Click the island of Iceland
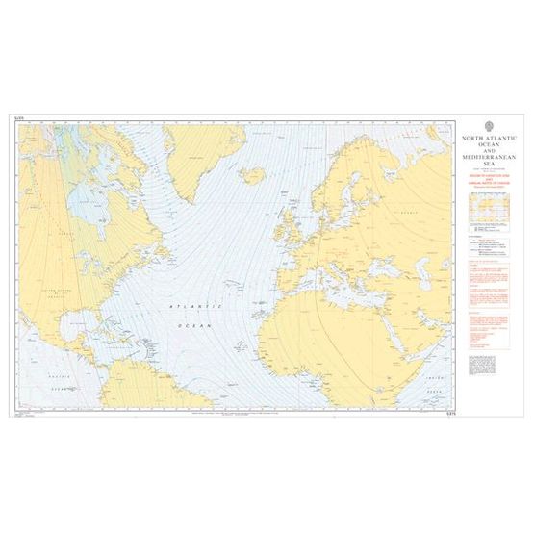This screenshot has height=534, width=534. (253, 175)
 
